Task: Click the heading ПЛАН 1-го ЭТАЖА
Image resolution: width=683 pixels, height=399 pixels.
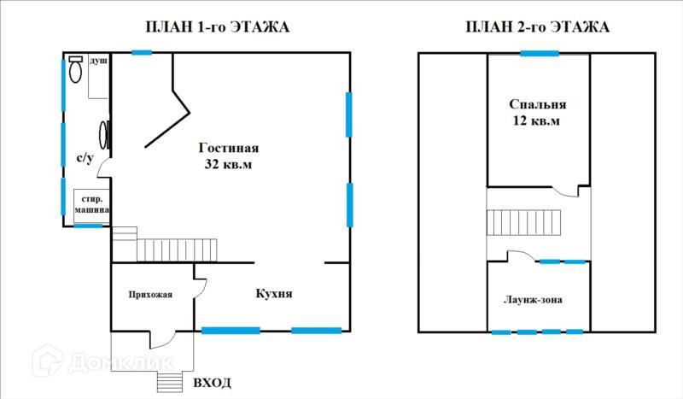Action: click(218, 27)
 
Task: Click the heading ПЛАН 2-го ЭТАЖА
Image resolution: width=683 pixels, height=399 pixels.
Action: click(537, 27)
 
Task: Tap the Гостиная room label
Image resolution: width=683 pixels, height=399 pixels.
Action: click(228, 147)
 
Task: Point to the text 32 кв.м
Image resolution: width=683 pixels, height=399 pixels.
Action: click(228, 163)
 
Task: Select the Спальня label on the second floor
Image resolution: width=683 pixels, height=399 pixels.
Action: click(538, 105)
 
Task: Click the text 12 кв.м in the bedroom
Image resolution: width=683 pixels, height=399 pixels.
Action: click(538, 121)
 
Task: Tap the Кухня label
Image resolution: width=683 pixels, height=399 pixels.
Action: click(274, 293)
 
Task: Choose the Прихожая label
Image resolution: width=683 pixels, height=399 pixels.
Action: click(150, 295)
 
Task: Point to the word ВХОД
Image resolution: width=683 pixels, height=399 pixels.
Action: click(212, 382)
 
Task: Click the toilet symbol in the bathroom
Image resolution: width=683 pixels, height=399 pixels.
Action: click(76, 67)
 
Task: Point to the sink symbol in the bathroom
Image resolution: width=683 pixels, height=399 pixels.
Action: click(105, 135)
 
